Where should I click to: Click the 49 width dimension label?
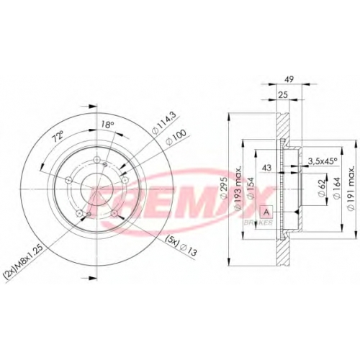tap(289, 79)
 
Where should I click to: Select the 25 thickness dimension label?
tap(284, 94)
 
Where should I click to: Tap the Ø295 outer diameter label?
tap(223, 189)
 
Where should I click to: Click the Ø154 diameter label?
tap(250, 189)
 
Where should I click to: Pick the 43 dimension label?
tap(266, 168)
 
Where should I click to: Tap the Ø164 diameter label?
tap(336, 189)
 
